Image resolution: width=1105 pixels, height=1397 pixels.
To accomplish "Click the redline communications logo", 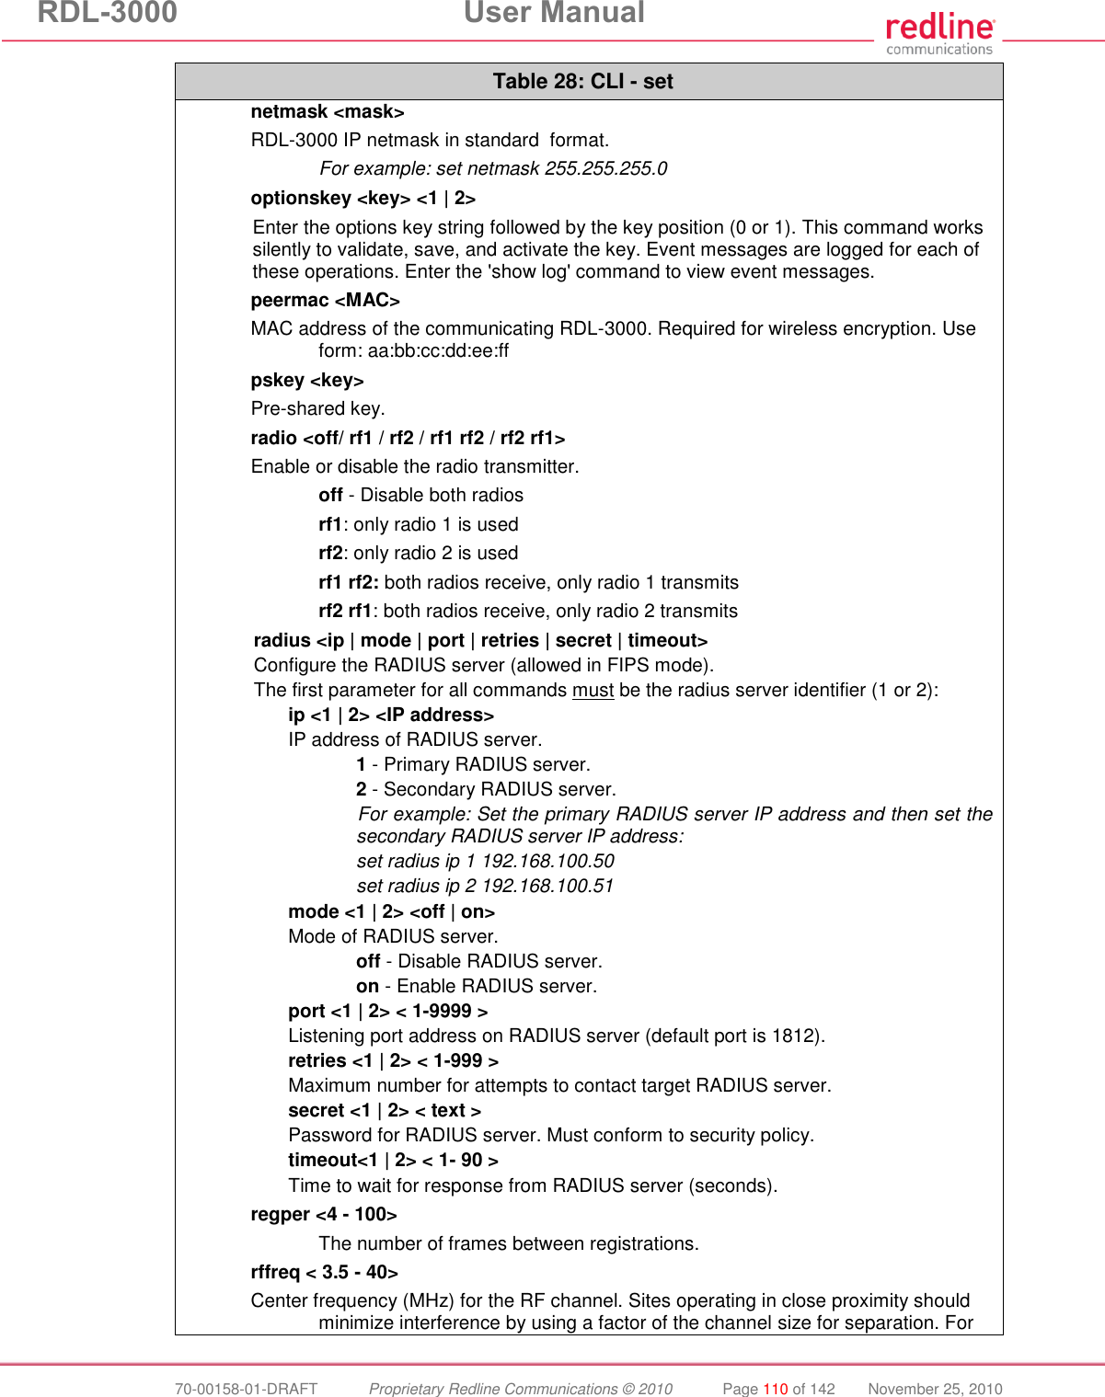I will coord(939,34).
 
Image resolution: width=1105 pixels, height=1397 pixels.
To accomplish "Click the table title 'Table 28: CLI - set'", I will coord(582,82).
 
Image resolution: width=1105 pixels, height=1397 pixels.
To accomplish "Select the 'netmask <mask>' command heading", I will coord(327,112).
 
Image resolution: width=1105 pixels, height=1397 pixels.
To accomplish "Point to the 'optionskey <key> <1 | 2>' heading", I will coord(363,199).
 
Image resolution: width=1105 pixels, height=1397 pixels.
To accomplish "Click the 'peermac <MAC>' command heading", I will coord(325,301).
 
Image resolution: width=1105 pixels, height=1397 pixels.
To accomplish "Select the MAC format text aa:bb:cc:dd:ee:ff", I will coord(438,351).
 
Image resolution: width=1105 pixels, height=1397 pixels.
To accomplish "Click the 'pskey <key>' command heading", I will coord(306,381).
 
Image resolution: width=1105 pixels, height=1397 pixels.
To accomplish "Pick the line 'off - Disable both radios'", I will coord(420,496).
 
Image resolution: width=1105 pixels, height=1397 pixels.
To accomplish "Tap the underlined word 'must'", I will coord(593,691).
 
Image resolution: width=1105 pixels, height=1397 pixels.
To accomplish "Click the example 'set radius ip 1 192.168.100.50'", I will coord(485,862).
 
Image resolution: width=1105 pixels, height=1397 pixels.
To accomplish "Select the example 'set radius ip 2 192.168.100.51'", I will coord(485,887).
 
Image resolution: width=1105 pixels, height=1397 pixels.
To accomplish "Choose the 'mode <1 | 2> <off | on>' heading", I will coord(391,912).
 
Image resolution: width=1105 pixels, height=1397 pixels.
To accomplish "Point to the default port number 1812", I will coord(793,1036).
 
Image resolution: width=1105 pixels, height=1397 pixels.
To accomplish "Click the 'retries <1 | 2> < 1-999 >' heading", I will coord(393,1061).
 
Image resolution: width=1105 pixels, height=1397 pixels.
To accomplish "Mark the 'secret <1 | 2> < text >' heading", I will coord(384,1111).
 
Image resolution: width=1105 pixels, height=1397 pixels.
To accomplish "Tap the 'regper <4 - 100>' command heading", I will coord(323,1215).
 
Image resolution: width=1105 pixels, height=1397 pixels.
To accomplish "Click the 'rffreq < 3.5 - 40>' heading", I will coord(324,1273).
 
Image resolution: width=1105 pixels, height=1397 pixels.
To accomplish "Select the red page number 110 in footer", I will coord(776,1389).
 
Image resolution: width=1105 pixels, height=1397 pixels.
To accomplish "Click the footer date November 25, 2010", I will coord(935,1389).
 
